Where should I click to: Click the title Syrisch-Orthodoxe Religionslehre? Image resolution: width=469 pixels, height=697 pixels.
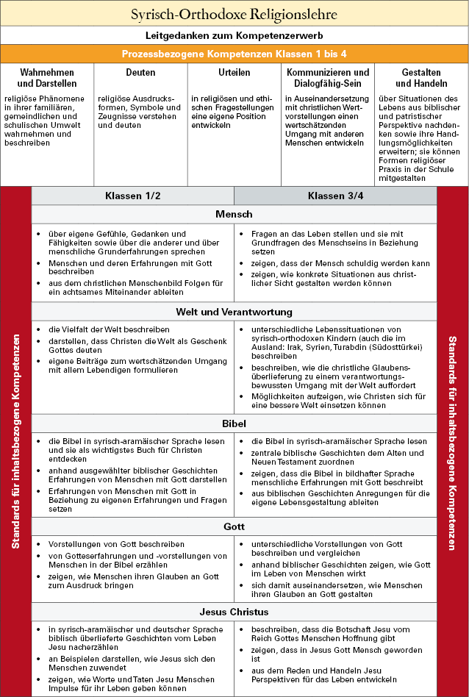[234, 14]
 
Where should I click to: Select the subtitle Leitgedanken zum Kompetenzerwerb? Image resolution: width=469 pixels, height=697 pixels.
[234, 35]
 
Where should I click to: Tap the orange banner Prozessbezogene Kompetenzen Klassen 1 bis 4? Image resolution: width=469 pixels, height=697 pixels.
[234, 54]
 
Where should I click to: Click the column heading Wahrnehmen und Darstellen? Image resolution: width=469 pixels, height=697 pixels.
[47, 78]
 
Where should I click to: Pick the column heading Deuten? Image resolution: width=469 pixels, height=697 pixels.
[140, 73]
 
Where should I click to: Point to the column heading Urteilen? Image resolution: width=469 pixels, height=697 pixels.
[234, 73]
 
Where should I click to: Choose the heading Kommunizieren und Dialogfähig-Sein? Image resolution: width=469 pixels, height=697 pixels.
[327, 78]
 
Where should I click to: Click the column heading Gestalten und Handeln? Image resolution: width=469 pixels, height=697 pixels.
[421, 78]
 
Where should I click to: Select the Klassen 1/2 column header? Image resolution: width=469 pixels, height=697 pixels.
[132, 196]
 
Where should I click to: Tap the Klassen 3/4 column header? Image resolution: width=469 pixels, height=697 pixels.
[335, 196]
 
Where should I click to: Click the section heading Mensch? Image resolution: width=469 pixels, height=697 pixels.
[234, 215]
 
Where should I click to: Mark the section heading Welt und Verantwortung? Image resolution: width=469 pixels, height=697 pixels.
[234, 312]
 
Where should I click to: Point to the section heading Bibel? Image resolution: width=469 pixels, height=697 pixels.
[234, 424]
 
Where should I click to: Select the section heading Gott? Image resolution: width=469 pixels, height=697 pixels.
[234, 527]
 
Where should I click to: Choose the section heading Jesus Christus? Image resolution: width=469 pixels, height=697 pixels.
[234, 612]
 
